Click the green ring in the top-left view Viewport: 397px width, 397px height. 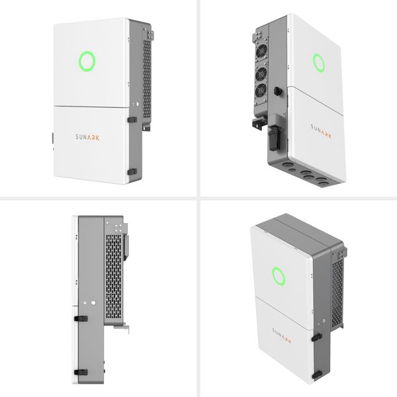pyautogui.click(x=79, y=62)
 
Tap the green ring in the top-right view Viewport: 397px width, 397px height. pyautogui.click(x=314, y=63)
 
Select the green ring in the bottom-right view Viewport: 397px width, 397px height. pyautogui.click(x=273, y=276)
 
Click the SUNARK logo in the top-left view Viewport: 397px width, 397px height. pyautogui.click(x=87, y=137)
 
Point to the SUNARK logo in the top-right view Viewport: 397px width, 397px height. pyautogui.click(x=321, y=131)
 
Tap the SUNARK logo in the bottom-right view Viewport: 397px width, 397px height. pyautogui.click(x=282, y=335)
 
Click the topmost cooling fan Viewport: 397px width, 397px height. pyautogui.click(x=261, y=51)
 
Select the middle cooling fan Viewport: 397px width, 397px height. pyautogui.click(x=261, y=74)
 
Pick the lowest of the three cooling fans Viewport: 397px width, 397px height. pyautogui.click(x=261, y=91)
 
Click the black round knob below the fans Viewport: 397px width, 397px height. pyautogui.click(x=277, y=91)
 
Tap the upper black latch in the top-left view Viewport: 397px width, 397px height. pyautogui.click(x=132, y=120)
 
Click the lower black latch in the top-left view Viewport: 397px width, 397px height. pyautogui.click(x=132, y=172)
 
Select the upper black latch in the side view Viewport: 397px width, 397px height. pyautogui.click(x=81, y=318)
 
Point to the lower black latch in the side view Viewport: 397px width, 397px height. pyautogui.click(x=81, y=373)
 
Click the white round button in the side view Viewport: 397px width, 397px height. pyautogui.click(x=93, y=302)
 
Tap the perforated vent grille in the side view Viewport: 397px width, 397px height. pyautogui.click(x=113, y=276)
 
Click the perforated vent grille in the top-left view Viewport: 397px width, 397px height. pyautogui.click(x=147, y=79)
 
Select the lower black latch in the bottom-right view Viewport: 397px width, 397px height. pyautogui.click(x=317, y=375)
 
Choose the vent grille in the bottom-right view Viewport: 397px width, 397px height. pyautogui.click(x=337, y=293)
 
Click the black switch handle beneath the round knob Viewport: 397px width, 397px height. pyautogui.click(x=274, y=138)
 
